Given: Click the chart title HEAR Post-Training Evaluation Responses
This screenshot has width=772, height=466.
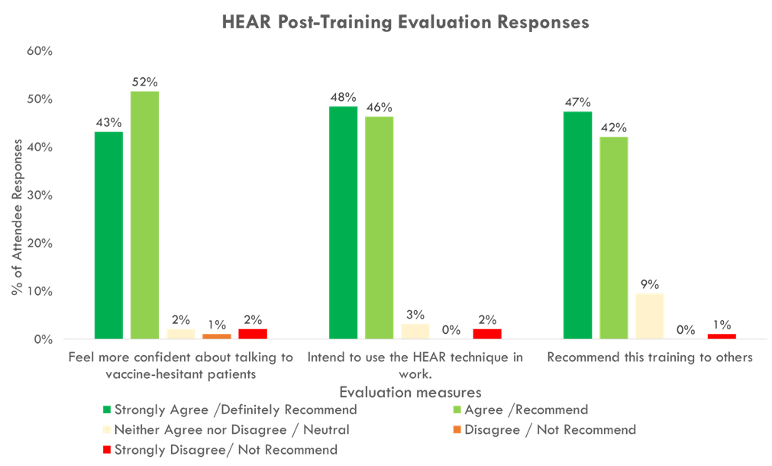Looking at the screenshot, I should click(405, 22).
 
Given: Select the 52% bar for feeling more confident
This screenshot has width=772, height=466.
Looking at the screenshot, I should click(144, 215).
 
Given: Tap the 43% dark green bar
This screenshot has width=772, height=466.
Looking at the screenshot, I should click(108, 235).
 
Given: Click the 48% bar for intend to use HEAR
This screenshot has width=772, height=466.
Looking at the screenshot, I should click(343, 222).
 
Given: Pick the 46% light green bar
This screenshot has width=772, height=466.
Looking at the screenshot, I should click(379, 227).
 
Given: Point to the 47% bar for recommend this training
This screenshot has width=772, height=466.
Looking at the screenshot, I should click(577, 225).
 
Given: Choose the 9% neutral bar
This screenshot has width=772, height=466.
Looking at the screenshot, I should click(649, 316).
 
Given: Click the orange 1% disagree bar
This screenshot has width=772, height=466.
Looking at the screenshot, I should click(217, 336).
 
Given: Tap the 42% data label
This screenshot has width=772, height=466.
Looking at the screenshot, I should click(613, 128).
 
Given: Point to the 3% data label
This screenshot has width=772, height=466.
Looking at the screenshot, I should click(415, 314).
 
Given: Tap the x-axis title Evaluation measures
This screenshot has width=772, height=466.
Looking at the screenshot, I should click(410, 393).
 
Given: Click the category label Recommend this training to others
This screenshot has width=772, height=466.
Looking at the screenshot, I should click(650, 358).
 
